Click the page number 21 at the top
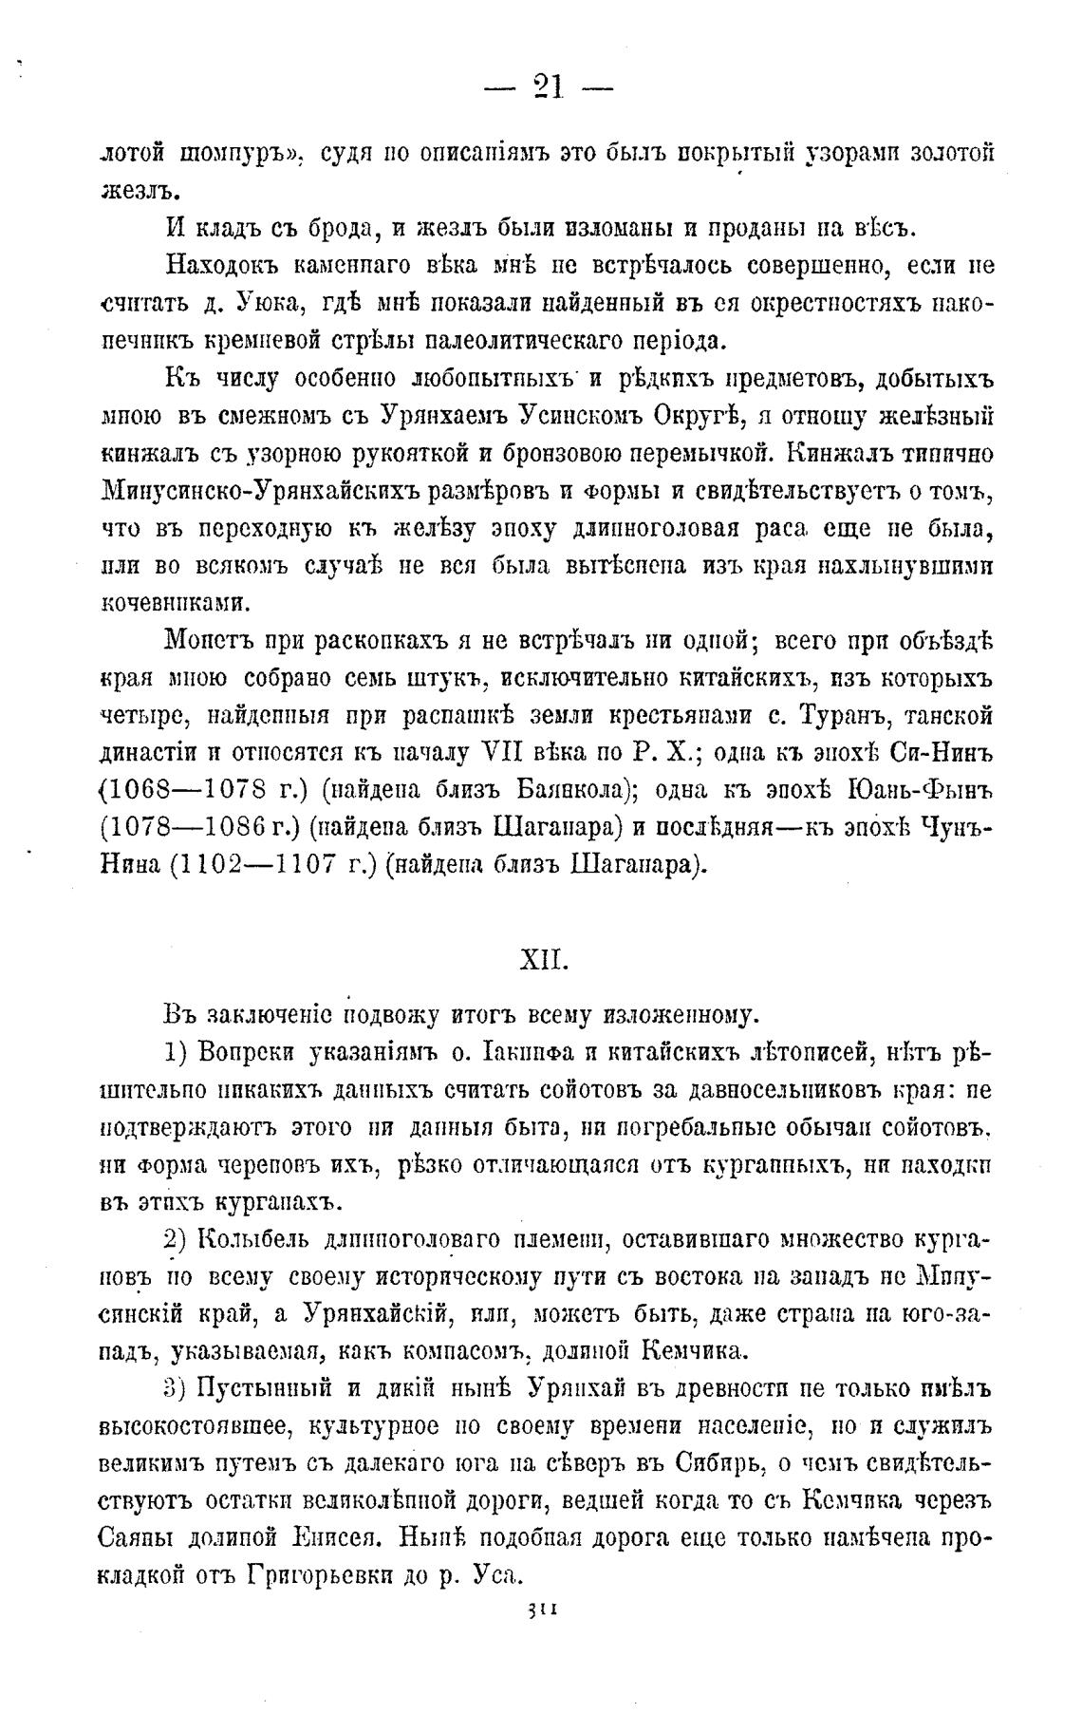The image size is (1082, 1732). click(x=549, y=88)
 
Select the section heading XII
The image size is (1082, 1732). click(x=544, y=961)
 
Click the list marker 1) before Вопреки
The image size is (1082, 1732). click(x=177, y=1052)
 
